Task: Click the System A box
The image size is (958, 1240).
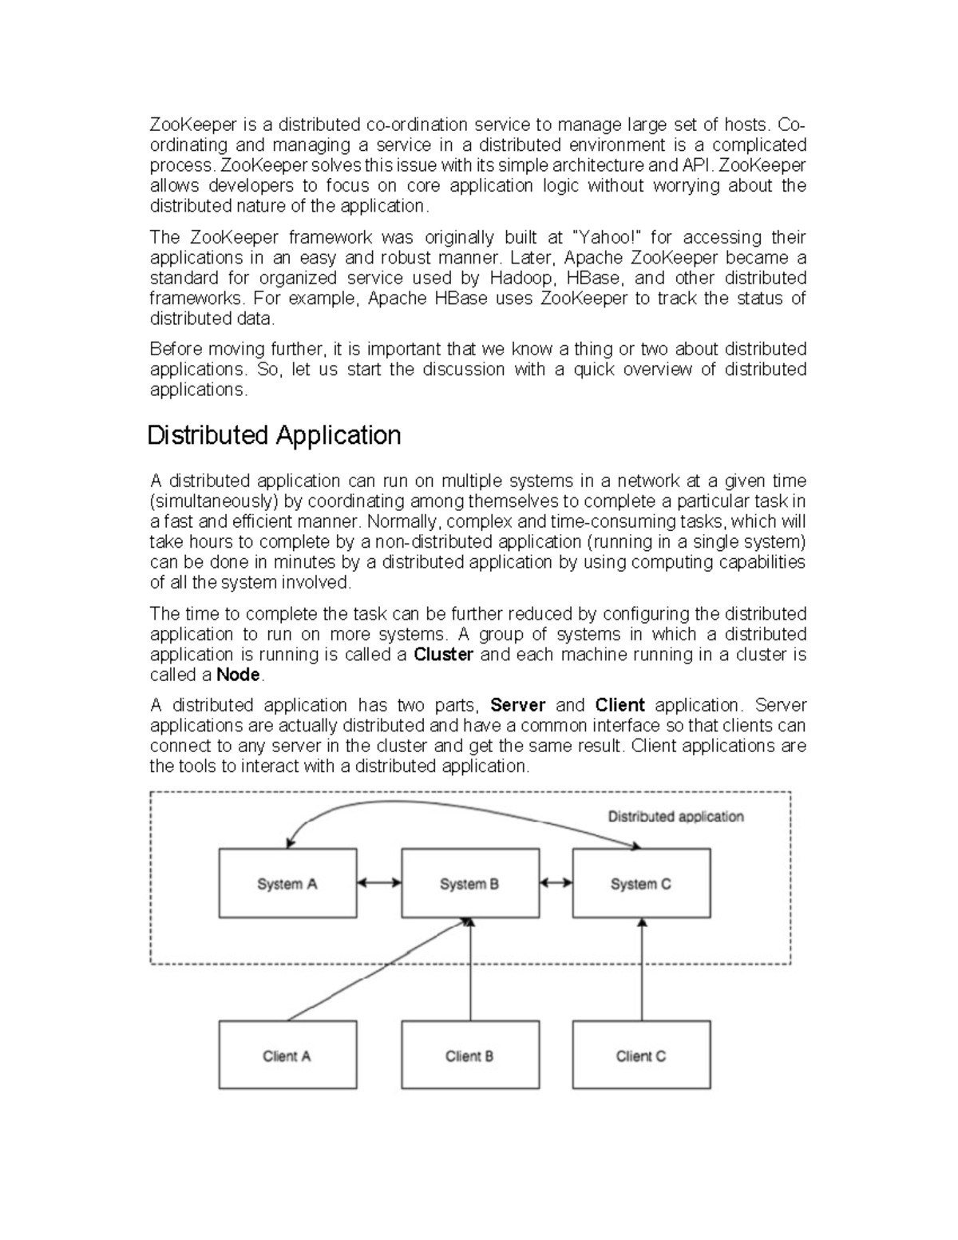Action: point(287,883)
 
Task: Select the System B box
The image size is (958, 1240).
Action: point(469,883)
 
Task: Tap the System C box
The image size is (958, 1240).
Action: point(641,883)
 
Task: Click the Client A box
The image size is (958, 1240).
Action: point(287,1055)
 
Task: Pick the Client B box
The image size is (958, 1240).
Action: point(469,1055)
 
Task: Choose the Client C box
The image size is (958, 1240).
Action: point(641,1055)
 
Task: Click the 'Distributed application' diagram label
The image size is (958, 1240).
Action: point(675,817)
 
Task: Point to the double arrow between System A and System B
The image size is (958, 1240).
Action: point(379,883)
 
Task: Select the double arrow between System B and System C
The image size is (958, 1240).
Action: point(556,883)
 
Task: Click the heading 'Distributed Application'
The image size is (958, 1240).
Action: point(274,435)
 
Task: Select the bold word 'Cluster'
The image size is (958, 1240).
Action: point(444,655)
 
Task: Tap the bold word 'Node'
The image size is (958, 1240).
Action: point(239,675)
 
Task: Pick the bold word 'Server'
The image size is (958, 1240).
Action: point(517,705)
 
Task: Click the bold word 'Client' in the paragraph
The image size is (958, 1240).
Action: point(620,705)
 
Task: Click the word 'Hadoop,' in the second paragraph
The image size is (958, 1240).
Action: point(520,278)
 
